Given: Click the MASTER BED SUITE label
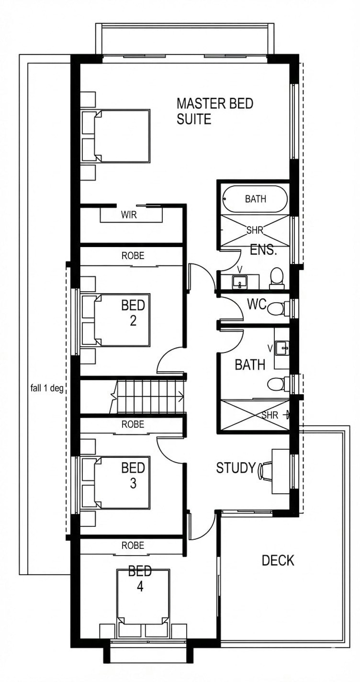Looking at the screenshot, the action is click(x=215, y=111).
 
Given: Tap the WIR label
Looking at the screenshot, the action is click(x=129, y=215).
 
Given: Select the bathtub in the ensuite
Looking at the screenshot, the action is click(x=255, y=199).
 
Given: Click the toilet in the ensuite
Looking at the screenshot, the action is click(x=277, y=278).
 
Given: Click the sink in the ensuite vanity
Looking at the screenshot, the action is click(x=240, y=282).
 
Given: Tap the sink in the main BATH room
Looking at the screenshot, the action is click(x=282, y=348).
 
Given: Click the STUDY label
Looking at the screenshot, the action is click(x=236, y=468).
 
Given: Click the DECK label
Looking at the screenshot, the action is click(x=278, y=560).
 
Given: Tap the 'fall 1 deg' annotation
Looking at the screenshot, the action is click(x=47, y=388).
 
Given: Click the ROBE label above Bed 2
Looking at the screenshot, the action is click(x=133, y=255).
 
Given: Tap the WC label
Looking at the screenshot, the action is click(x=257, y=304).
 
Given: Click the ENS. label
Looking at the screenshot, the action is click(x=263, y=250).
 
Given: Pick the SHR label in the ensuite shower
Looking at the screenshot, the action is click(x=255, y=230).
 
